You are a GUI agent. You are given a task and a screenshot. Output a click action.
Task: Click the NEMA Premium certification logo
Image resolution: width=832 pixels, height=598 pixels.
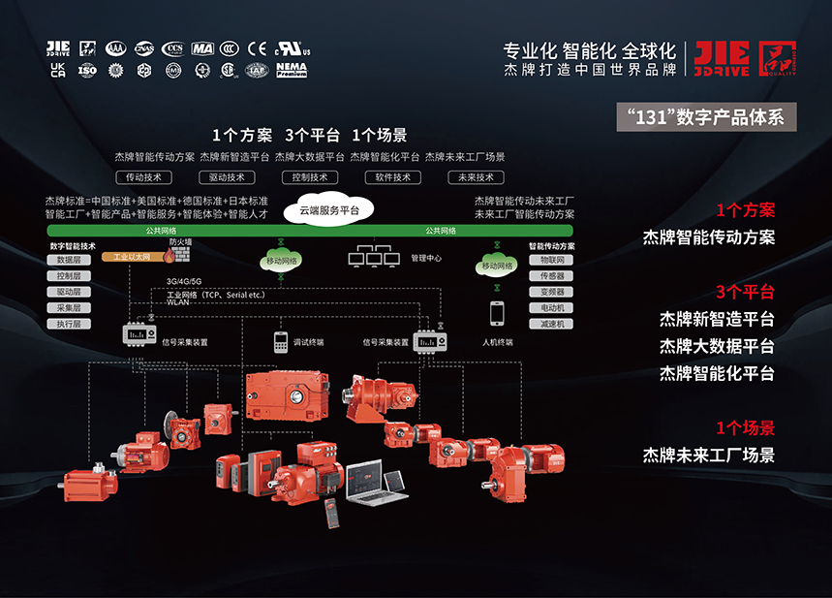coord(292,69)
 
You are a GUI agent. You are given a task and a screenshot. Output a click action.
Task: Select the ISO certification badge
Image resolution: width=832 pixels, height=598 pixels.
coord(87,69)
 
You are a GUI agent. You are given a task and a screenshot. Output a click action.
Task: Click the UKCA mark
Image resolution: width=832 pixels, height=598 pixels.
coord(57,69)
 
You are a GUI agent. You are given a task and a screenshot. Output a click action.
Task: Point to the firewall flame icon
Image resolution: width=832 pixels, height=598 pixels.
coord(169,256)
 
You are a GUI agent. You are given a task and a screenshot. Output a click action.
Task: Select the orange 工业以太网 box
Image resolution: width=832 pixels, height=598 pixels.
coord(132,258)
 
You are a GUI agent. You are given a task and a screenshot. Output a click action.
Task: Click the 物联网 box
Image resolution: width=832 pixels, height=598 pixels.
coord(552,260)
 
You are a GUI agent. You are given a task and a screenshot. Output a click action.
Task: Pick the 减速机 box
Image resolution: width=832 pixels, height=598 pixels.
coord(552,324)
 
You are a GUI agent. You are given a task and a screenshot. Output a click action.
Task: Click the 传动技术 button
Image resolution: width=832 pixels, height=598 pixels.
coord(144,177)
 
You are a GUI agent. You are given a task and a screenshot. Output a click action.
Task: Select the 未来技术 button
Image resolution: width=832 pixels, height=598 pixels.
coord(478,177)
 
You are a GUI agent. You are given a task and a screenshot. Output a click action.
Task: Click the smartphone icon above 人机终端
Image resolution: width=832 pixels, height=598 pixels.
coord(497,313)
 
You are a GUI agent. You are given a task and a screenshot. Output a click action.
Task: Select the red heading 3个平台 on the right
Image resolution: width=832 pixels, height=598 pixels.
coord(745,292)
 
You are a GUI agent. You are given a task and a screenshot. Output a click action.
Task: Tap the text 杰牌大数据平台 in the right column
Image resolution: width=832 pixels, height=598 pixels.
coord(717,346)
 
